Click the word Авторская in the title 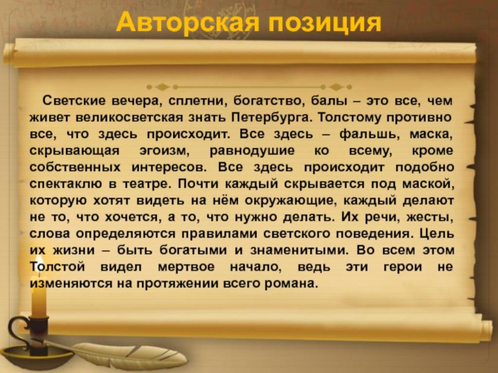tap(187, 22)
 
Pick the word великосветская tap(129, 118)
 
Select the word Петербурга tap(271, 118)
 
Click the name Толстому tap(348, 118)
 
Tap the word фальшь tap(371, 134)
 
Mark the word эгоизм tap(164, 151)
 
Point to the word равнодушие tap(252, 151)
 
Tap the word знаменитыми tap(299, 251)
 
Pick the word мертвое tap(186, 267)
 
